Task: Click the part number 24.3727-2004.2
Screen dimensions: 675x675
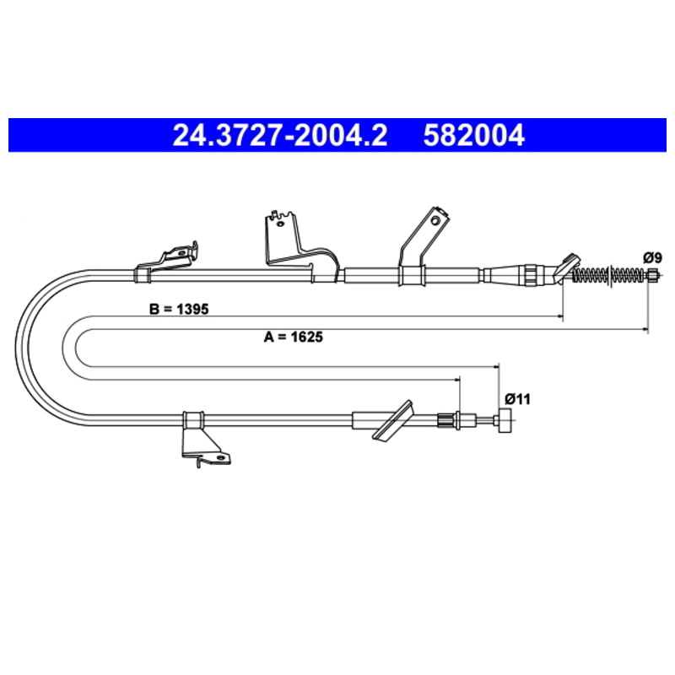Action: [x=280, y=135]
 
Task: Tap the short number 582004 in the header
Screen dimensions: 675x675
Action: [x=474, y=135]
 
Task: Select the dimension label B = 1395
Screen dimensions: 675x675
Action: [x=179, y=309]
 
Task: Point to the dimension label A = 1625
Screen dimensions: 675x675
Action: [x=293, y=336]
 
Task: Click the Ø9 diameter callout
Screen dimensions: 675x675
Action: [x=652, y=258]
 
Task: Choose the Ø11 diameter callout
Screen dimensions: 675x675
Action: [x=517, y=399]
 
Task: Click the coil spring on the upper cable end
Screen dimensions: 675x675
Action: [x=610, y=274]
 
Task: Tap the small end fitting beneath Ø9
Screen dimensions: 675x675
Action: [x=653, y=274]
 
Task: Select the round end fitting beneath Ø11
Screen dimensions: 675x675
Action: [x=505, y=421]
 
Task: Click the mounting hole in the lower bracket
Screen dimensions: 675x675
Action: [x=221, y=457]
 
